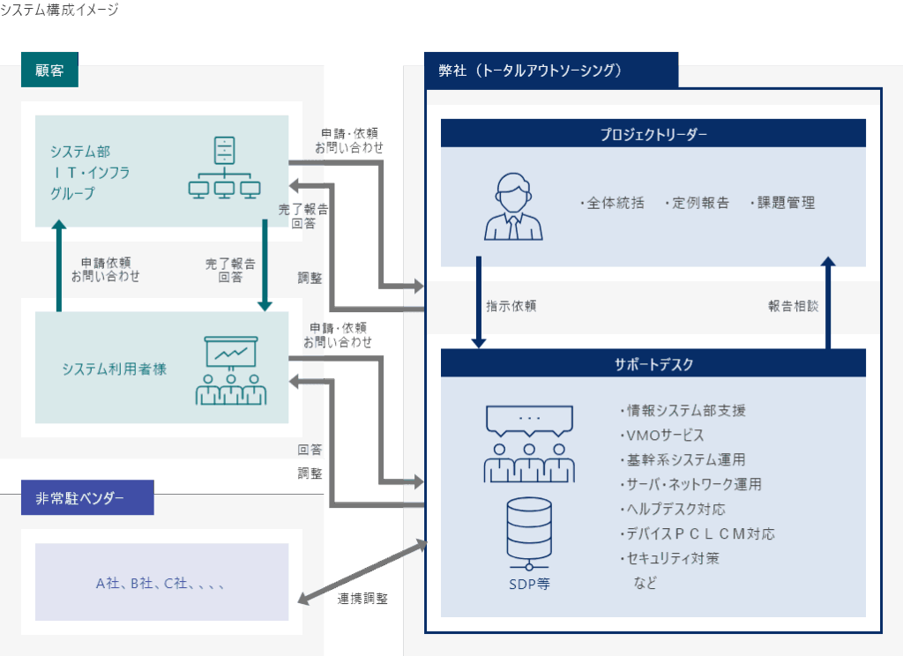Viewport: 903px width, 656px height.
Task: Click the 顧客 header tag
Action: point(49,71)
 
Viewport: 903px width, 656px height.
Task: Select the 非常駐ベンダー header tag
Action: point(86,498)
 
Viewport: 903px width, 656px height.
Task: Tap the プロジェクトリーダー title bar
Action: point(653,133)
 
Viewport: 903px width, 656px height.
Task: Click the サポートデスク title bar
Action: point(653,362)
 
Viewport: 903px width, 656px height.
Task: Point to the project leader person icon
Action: point(513,206)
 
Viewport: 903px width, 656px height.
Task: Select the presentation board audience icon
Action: point(230,369)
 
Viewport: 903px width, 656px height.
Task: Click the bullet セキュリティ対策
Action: point(669,558)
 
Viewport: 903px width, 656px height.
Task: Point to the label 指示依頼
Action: point(511,307)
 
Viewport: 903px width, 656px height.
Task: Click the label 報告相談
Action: point(793,307)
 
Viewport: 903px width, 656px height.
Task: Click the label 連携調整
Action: point(362,598)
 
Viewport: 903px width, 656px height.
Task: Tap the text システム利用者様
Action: point(114,369)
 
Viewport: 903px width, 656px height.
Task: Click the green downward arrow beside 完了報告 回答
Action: point(265,265)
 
